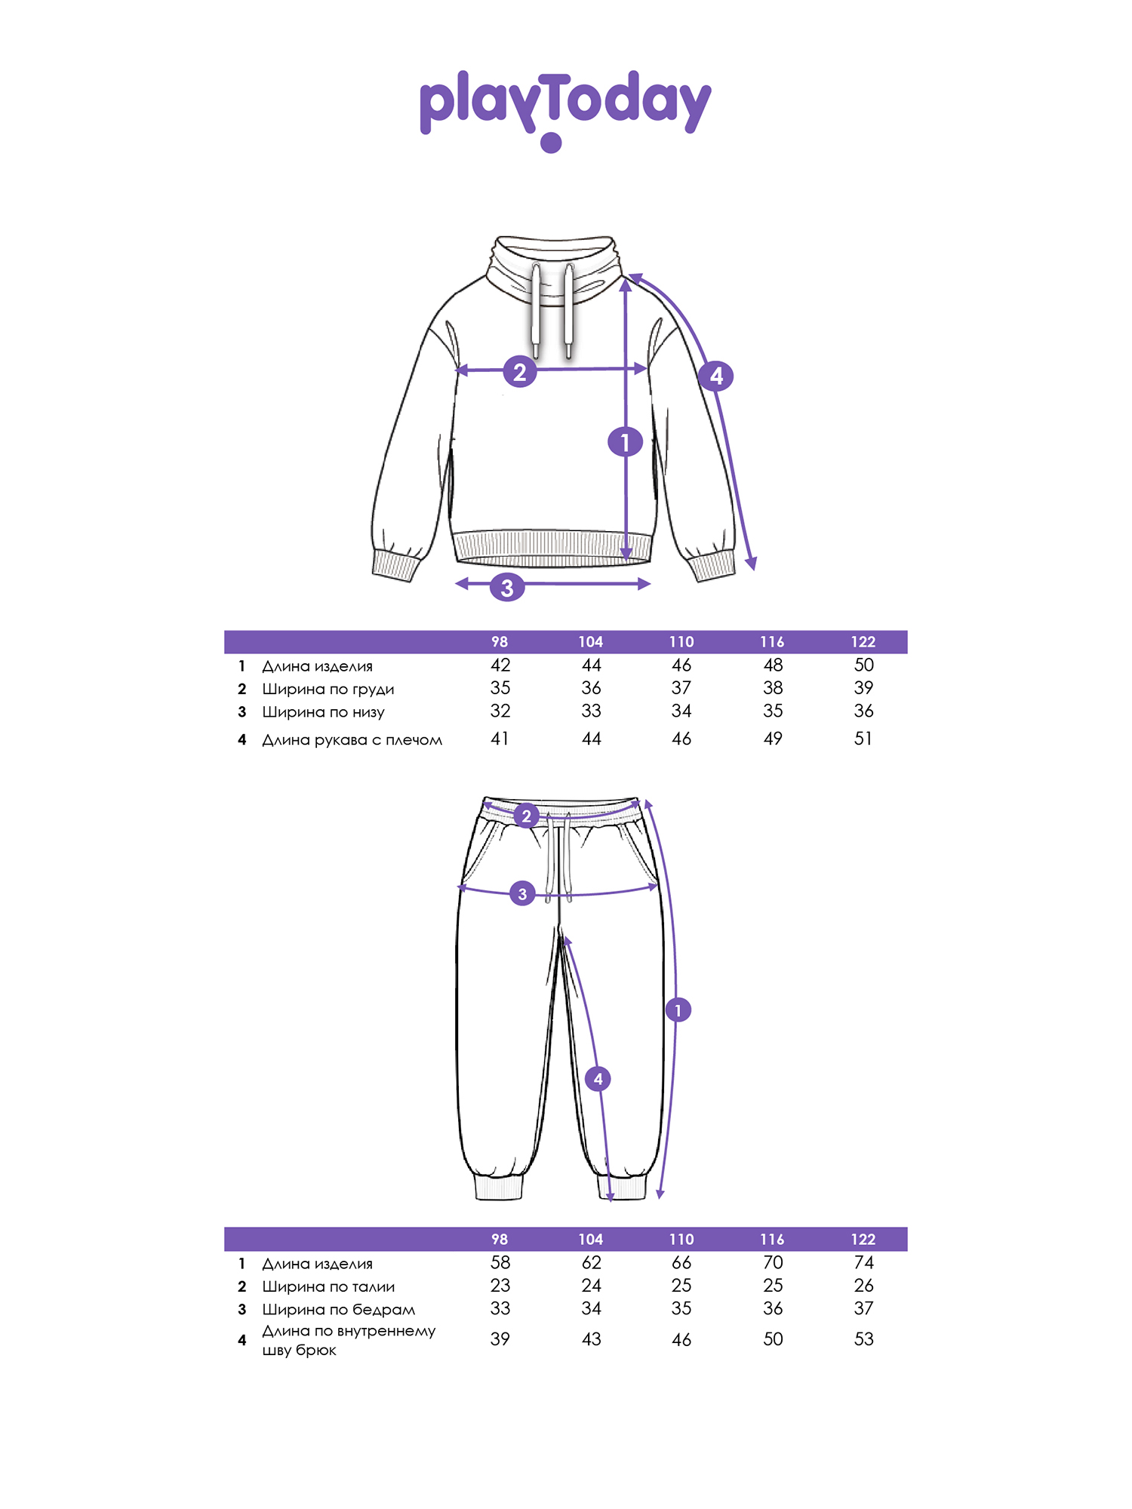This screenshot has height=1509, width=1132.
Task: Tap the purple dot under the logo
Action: point(552,143)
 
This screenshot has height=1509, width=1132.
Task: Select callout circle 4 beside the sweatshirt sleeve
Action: point(716,375)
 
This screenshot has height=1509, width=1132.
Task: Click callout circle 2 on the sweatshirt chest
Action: point(520,371)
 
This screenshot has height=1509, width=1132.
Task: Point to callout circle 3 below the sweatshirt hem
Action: point(507,587)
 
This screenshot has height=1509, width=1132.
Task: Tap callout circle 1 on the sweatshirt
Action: point(625,442)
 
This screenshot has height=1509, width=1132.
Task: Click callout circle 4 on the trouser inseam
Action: point(598,1079)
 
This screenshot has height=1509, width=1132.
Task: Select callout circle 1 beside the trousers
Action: point(678,1010)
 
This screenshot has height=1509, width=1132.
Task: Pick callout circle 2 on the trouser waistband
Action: point(527,816)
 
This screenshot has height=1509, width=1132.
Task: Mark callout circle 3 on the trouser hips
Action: point(522,894)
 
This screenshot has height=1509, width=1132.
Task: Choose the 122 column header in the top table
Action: point(863,642)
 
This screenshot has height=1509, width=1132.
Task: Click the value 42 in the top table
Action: point(500,665)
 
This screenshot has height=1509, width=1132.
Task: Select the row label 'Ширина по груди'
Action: point(328,689)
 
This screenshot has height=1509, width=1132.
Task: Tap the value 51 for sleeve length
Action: point(863,739)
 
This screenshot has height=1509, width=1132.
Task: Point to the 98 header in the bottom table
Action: point(500,1240)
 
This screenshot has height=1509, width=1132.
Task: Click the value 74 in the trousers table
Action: point(864,1262)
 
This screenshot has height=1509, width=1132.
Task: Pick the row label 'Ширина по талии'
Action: point(328,1286)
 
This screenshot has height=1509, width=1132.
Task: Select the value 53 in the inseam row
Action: point(864,1339)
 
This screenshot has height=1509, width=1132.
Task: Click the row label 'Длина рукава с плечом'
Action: point(352,740)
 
